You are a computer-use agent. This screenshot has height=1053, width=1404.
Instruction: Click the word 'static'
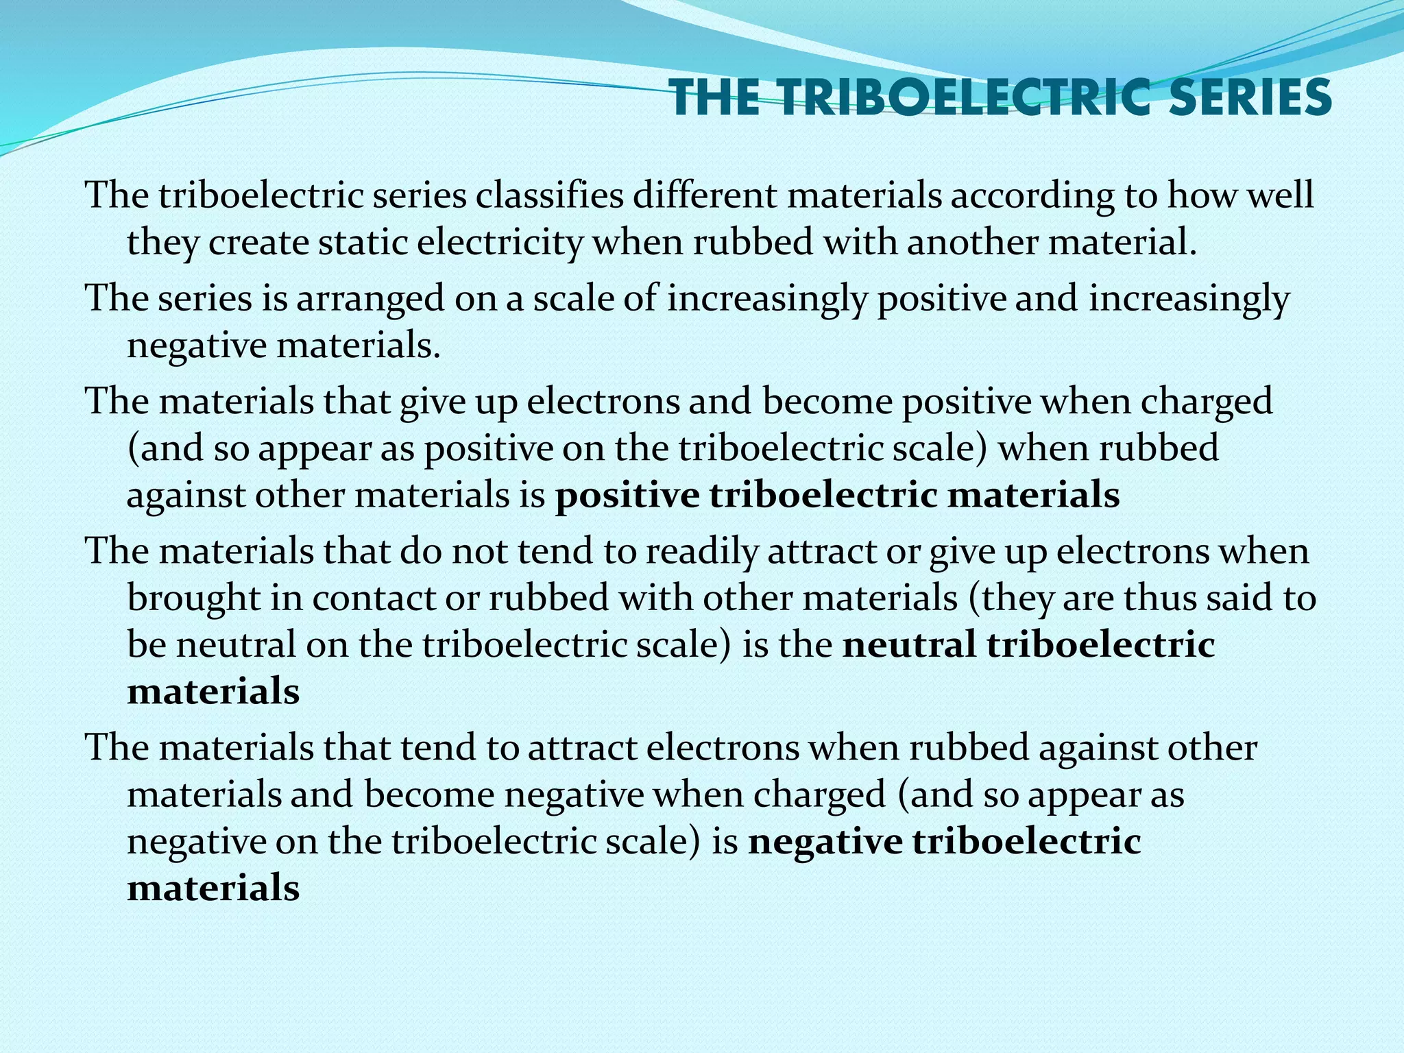coord(363,243)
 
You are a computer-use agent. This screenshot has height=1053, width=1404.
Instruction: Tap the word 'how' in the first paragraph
coord(1195,195)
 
